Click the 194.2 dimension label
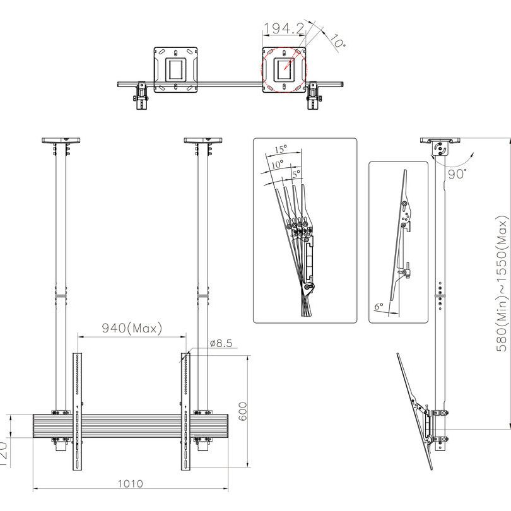284,29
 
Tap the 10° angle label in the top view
337,42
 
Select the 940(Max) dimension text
132,328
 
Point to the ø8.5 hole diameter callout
221,344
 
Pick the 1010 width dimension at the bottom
130,484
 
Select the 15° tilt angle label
281,150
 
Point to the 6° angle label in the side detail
379,306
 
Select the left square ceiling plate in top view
176,69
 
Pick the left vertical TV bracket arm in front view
77,411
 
